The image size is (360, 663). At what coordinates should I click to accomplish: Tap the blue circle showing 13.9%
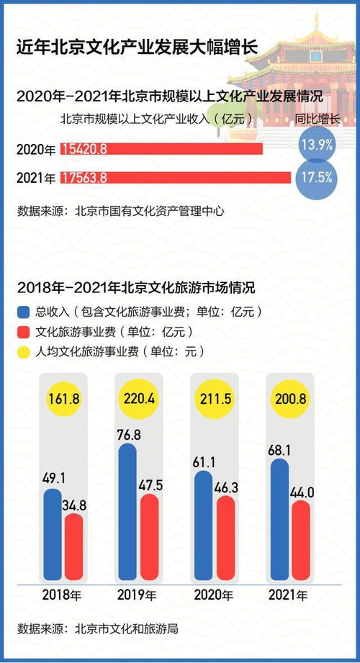pos(316,145)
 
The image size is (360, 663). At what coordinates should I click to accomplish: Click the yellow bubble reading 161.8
pos(64,398)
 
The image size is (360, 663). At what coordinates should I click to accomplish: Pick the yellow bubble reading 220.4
pos(139,398)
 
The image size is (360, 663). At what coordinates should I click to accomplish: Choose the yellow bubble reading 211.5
pos(215,398)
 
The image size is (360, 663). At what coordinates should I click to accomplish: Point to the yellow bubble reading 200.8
pos(289,398)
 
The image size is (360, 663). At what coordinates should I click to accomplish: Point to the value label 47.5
pos(150,484)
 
